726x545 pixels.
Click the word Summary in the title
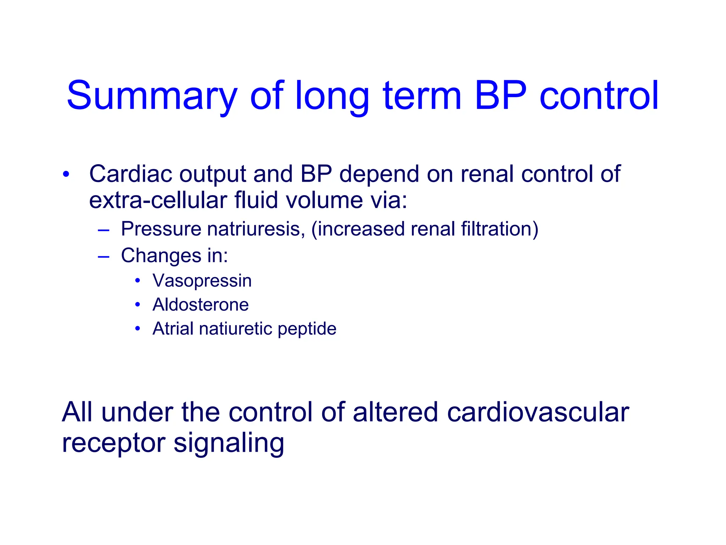coord(152,96)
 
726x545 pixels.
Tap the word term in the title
coord(422,96)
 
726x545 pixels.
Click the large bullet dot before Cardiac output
coord(66,175)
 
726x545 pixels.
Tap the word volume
coord(324,200)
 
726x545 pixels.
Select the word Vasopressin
coord(202,281)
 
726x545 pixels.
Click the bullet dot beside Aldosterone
coord(138,304)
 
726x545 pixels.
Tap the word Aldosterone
coord(201,304)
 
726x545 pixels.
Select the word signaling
coord(229,444)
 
